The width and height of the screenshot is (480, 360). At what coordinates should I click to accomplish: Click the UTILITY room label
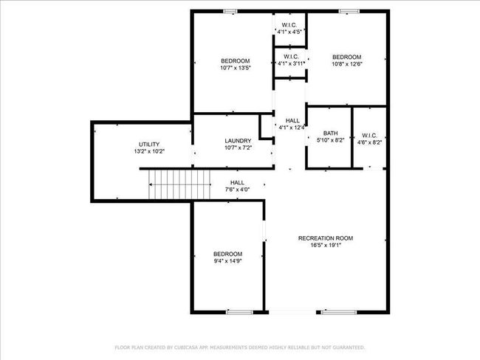pos(149,145)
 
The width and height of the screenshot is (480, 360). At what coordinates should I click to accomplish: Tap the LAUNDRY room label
pos(238,141)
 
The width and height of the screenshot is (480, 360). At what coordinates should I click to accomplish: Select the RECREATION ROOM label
pos(326,238)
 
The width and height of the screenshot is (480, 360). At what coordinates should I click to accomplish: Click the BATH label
pos(331,134)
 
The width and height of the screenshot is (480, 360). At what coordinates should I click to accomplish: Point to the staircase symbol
pos(179,184)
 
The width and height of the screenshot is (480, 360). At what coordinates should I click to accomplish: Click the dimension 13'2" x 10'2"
pos(149,151)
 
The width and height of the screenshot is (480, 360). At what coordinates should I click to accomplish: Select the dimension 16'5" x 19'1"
pos(326,245)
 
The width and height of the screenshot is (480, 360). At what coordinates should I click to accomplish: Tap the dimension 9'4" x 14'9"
pos(227,261)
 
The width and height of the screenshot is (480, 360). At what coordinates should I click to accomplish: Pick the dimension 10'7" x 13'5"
pos(236,68)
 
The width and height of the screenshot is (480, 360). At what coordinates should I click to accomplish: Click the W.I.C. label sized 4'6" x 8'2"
pos(369,136)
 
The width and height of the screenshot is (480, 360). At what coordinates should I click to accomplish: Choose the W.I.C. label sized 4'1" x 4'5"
pos(289,25)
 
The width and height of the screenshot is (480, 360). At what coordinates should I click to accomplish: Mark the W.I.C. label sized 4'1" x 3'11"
pos(291,57)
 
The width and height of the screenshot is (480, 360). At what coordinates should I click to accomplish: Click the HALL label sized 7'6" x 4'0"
pos(237,183)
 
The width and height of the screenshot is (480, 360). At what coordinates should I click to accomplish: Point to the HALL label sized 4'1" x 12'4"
pos(292,120)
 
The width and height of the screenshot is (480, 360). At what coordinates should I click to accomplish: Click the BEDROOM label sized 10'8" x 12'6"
pos(347,57)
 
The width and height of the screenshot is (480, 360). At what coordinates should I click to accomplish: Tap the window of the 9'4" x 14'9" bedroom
pos(240,312)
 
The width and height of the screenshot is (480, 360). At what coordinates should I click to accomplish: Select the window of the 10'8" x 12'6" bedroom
pos(349,11)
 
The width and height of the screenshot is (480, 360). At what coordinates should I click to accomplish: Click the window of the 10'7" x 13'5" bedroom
pos(230,11)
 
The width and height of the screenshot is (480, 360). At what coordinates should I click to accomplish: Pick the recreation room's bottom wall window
pos(339,312)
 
